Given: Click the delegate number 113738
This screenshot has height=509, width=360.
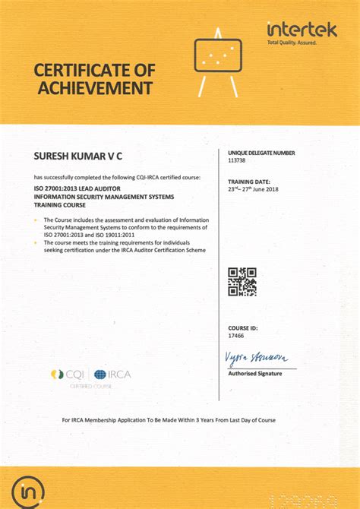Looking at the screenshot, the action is tap(237, 160).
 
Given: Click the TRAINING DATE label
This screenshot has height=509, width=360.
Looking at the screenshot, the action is tap(248, 182).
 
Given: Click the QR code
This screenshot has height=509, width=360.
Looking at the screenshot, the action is tap(242, 281).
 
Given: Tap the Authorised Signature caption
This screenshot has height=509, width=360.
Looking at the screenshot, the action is tap(254, 374).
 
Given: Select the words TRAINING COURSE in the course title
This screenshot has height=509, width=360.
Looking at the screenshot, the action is tap(61, 205).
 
